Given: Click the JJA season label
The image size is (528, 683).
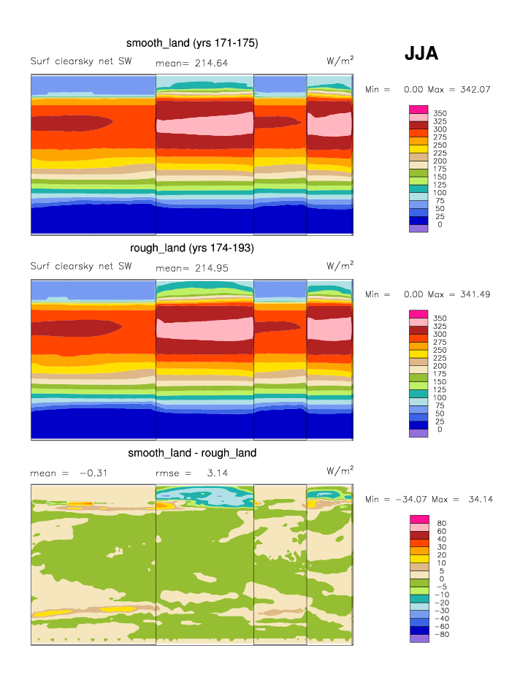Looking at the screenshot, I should [421, 53].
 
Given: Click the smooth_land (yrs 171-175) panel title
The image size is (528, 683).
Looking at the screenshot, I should [192, 44].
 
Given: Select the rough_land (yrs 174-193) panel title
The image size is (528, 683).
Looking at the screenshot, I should [191, 248].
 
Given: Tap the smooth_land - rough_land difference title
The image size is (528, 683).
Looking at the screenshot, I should [192, 453].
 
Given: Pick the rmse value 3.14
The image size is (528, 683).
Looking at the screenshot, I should [218, 473].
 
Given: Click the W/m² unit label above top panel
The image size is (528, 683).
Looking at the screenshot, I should [340, 61].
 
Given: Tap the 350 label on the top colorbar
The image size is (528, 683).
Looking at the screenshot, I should [440, 114].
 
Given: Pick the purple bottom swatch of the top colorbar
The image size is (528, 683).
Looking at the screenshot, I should [418, 228].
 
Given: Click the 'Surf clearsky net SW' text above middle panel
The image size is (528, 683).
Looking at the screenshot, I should [81, 266].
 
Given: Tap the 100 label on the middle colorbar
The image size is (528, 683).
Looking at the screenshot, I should [440, 397].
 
